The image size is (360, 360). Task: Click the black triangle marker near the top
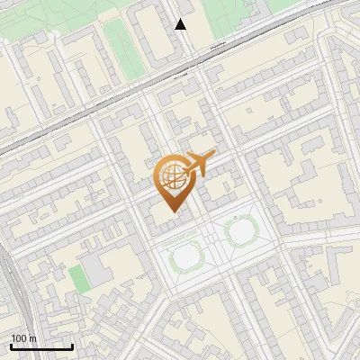(181, 24)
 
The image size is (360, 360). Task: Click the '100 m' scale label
(23, 338)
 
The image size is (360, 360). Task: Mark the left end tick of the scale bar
(11, 346)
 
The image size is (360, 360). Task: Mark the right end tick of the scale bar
(72, 346)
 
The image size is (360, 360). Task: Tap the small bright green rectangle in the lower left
(80, 280)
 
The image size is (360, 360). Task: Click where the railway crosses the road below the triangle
(191, 65)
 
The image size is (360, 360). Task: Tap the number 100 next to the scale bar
(19, 338)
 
